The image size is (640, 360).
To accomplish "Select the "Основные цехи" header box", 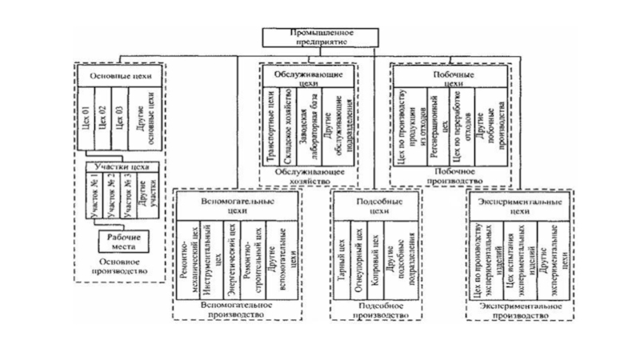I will [119, 77].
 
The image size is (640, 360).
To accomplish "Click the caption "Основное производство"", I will [119, 266].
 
